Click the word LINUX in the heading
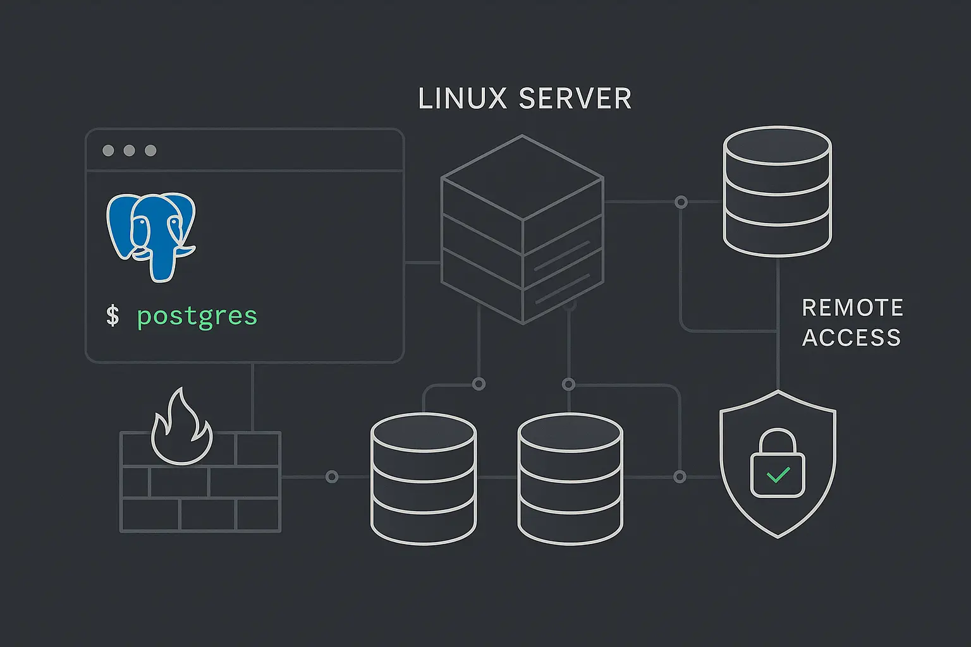tap(463, 99)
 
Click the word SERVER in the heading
tap(575, 99)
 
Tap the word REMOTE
tap(852, 308)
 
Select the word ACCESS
tap(852, 338)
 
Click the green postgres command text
tap(197, 316)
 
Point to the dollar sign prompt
tap(113, 315)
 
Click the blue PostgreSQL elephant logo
tap(151, 235)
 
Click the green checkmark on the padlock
tap(778, 474)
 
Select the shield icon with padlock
tap(778, 464)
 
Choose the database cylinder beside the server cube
tap(777, 191)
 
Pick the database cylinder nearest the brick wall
tap(423, 478)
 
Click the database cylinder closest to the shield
tap(570, 478)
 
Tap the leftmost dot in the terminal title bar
tap(108, 150)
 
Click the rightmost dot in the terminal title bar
tap(150, 150)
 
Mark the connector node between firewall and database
tap(331, 477)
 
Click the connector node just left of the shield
tap(680, 477)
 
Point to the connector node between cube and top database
tap(681, 202)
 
